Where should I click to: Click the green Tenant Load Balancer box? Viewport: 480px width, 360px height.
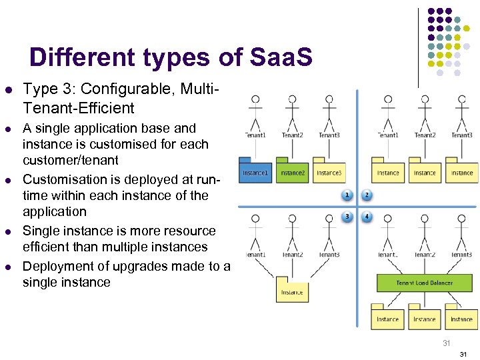pos(424,283)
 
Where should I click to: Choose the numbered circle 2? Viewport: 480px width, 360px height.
pos(367,195)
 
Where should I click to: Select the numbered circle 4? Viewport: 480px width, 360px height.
pos(367,216)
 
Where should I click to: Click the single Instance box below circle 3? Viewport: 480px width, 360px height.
pos(292,290)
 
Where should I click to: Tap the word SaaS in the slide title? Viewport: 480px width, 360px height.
pos(282,57)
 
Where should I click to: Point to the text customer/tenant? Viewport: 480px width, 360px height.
pos(70,160)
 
